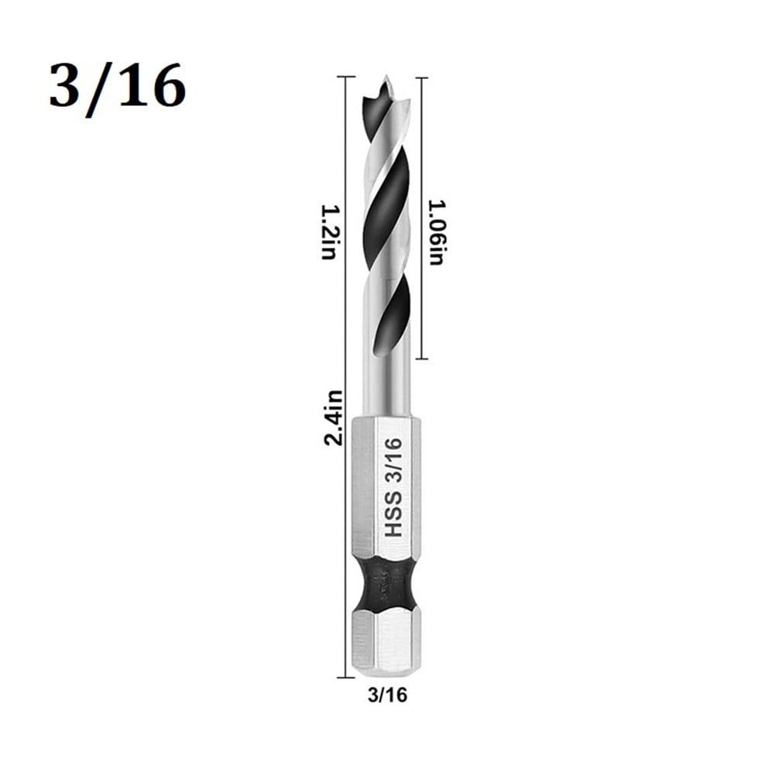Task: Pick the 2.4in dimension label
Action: click(x=334, y=417)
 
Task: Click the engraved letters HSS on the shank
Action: click(x=393, y=515)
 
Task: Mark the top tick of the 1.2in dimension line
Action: click(x=345, y=77)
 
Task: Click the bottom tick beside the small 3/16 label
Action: click(x=345, y=677)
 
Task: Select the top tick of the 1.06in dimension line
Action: click(x=420, y=77)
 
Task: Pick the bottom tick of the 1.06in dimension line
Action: click(x=420, y=358)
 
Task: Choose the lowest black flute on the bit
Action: click(x=393, y=317)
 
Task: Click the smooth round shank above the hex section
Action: click(x=384, y=391)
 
